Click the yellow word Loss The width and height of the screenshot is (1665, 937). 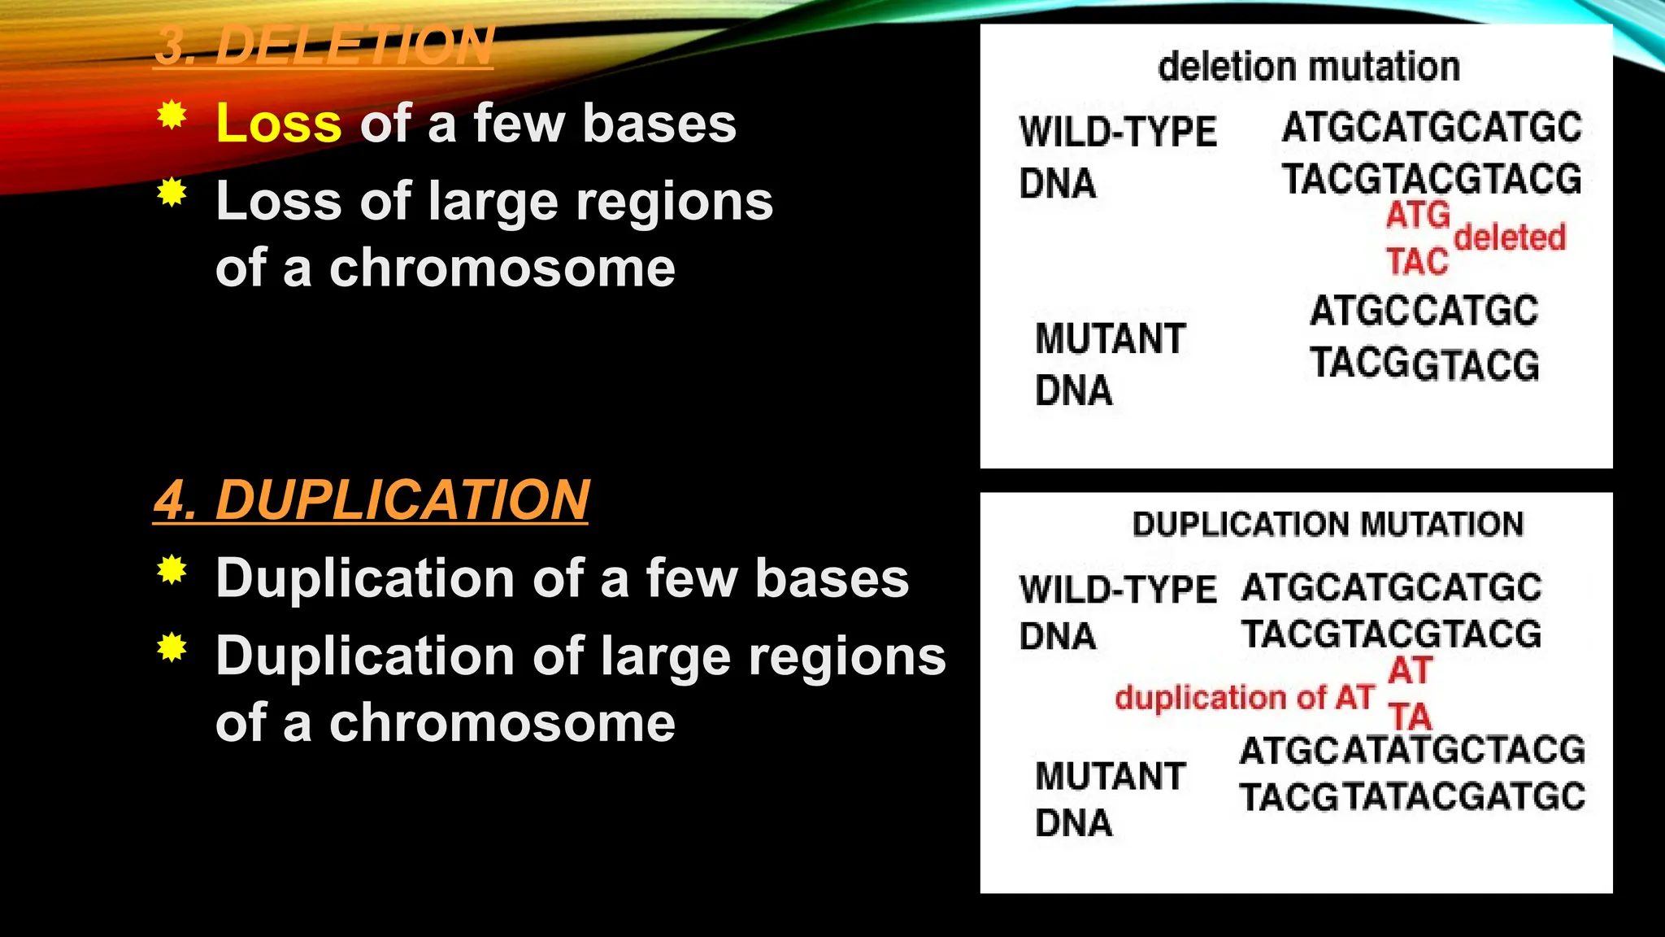click(x=279, y=124)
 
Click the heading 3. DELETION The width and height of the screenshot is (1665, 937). click(x=324, y=46)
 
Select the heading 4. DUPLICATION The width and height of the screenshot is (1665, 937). click(x=371, y=499)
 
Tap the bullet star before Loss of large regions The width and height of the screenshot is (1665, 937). click(x=172, y=193)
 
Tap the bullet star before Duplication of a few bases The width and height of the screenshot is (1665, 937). click(x=172, y=570)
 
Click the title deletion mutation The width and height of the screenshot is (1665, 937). click(x=1308, y=67)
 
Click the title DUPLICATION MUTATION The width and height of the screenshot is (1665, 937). click(x=1328, y=525)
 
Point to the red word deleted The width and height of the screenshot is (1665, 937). click(x=1510, y=238)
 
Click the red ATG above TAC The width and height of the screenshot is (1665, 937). click(x=1418, y=216)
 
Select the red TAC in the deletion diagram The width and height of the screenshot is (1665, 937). click(x=1417, y=262)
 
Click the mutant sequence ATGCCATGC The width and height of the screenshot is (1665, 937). click(x=1424, y=312)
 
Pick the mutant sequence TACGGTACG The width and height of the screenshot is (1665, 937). click(x=1424, y=364)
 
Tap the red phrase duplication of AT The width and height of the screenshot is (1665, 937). click(x=1244, y=698)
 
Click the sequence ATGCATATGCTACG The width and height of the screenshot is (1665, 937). click(x=1412, y=750)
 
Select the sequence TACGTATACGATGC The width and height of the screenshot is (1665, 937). click(x=1412, y=797)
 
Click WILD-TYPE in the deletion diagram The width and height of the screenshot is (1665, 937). click(x=1118, y=132)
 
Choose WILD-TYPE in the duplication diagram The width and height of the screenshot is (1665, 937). click(x=1118, y=590)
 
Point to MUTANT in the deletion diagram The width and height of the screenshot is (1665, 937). click(x=1110, y=338)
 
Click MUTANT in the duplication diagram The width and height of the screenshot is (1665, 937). click(x=1110, y=776)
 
